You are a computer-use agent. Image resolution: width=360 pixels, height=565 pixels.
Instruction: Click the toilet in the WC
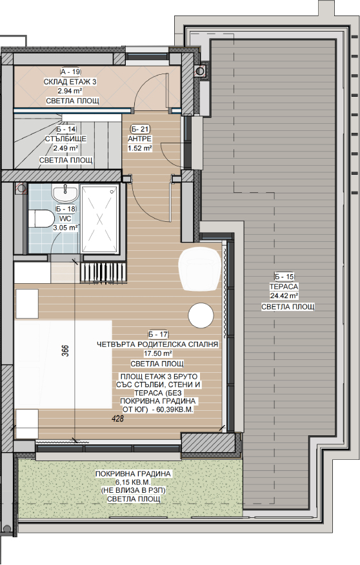click(41, 218)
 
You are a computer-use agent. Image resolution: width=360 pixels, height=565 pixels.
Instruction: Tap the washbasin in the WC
click(65, 193)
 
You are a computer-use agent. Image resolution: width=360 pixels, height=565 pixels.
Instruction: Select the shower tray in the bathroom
click(100, 219)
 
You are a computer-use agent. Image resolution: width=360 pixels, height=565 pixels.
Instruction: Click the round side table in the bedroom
click(201, 315)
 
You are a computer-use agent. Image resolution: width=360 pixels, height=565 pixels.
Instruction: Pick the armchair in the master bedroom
click(199, 270)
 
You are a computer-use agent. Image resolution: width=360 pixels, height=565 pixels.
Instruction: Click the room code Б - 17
click(158, 334)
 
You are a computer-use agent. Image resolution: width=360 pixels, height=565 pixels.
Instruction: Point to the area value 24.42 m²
click(284, 296)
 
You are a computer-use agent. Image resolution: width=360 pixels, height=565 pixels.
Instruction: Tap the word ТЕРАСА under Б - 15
click(284, 286)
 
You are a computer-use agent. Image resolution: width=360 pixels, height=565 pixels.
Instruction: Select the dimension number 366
click(66, 351)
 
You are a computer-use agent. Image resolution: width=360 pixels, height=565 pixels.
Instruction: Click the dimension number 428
click(118, 419)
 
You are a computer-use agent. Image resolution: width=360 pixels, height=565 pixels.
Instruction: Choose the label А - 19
click(70, 72)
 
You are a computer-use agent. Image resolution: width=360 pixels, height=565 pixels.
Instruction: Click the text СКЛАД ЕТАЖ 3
click(70, 82)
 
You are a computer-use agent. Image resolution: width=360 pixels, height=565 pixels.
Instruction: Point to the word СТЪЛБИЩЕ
click(66, 139)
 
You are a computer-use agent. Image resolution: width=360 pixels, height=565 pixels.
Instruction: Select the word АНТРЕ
click(140, 139)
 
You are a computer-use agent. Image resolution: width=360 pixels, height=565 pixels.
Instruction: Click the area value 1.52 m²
click(140, 148)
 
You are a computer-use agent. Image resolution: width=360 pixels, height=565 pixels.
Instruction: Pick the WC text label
click(66, 219)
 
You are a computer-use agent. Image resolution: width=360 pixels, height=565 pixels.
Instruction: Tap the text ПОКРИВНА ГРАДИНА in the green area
click(133, 474)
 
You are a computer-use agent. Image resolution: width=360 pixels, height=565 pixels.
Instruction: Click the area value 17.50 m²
click(158, 353)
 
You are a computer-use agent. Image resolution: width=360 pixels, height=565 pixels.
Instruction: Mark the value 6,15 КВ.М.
click(133, 482)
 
